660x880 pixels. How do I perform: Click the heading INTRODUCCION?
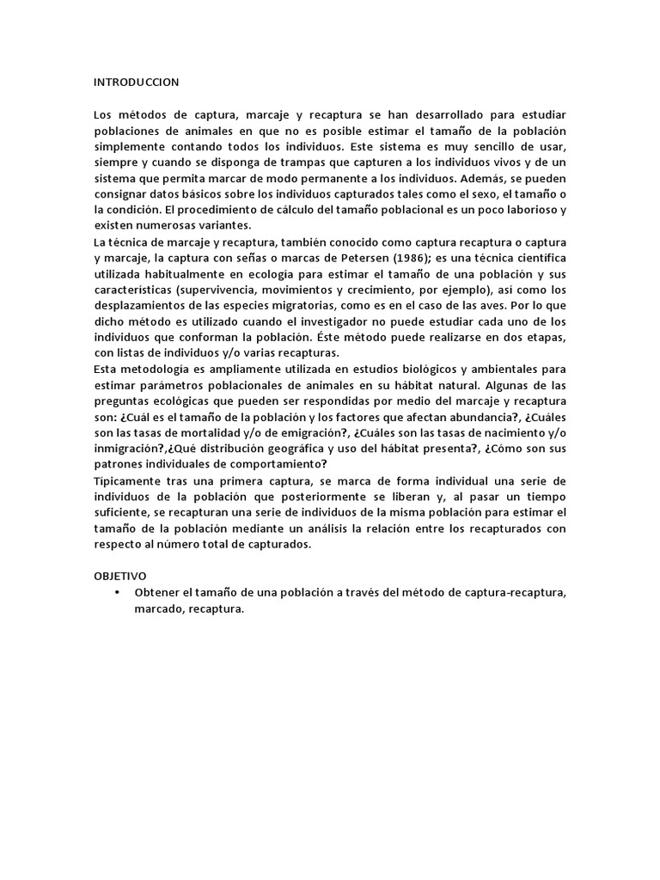tap(136, 82)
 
